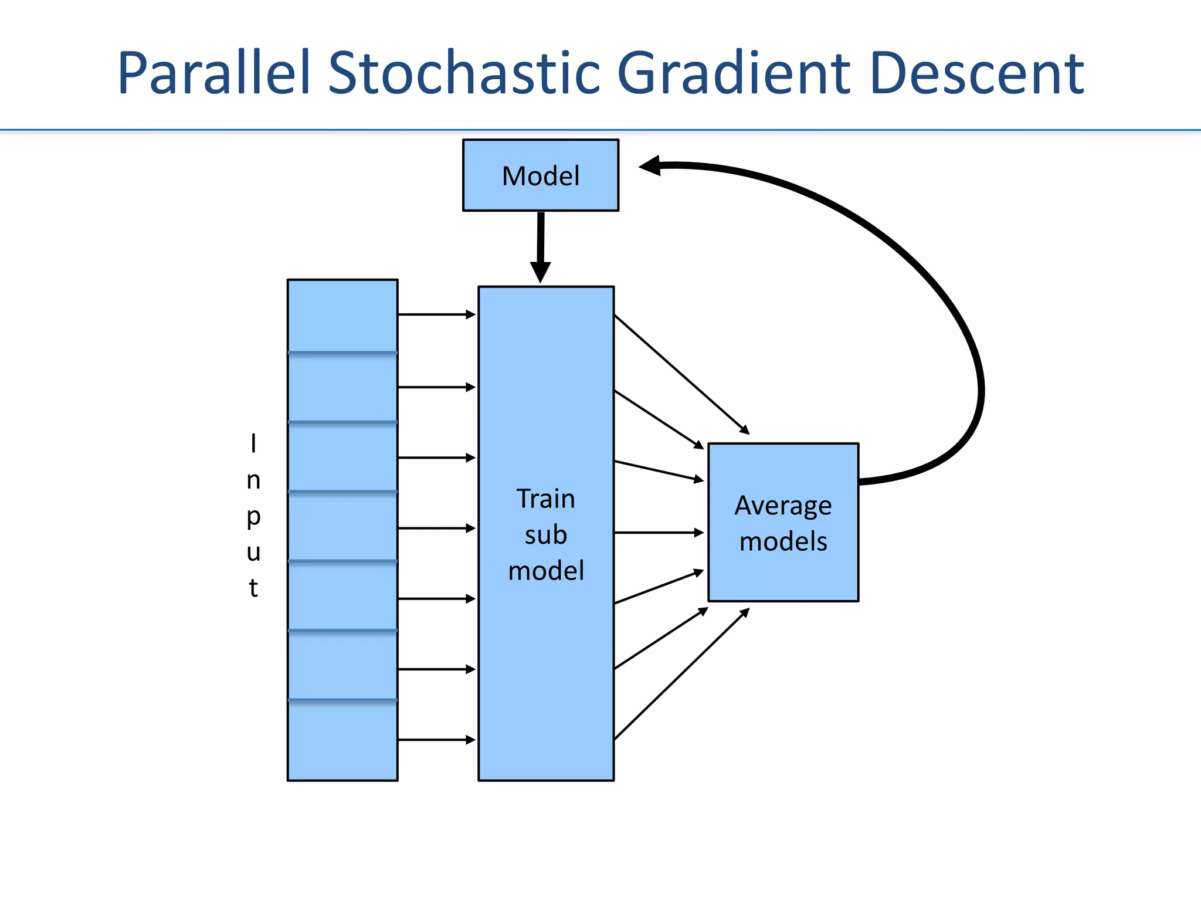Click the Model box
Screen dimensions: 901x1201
click(540, 175)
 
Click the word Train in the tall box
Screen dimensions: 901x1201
click(545, 499)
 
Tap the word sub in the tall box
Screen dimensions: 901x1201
click(545, 535)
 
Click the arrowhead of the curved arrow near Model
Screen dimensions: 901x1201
click(651, 166)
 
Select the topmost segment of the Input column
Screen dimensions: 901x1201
click(342, 316)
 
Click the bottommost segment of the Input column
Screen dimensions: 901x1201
click(342, 740)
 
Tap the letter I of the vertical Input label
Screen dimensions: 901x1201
click(253, 444)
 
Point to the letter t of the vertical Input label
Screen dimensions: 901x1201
click(253, 587)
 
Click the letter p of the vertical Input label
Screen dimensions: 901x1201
click(253, 517)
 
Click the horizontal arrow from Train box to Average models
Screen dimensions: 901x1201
click(658, 533)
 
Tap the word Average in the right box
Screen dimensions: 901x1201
click(783, 506)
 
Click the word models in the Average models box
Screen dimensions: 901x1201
click(783, 541)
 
